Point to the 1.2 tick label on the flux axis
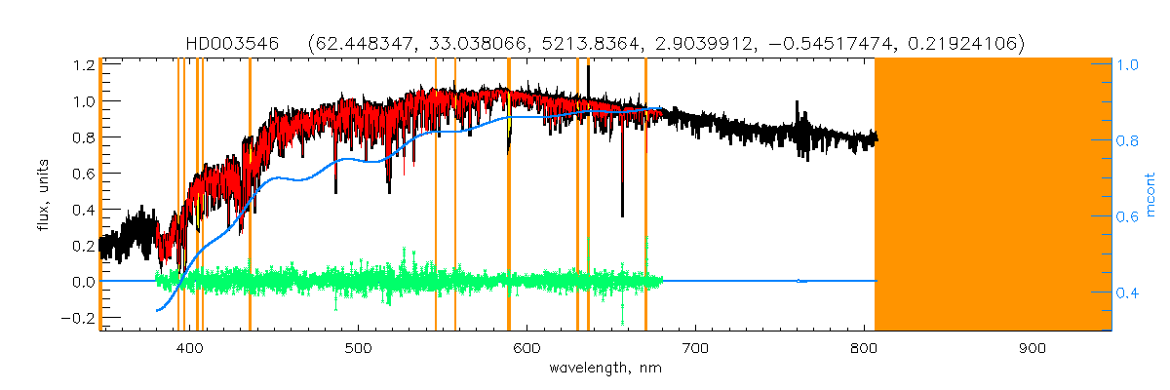click(x=84, y=65)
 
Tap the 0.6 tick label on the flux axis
click(x=84, y=174)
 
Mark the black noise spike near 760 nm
click(x=798, y=105)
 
